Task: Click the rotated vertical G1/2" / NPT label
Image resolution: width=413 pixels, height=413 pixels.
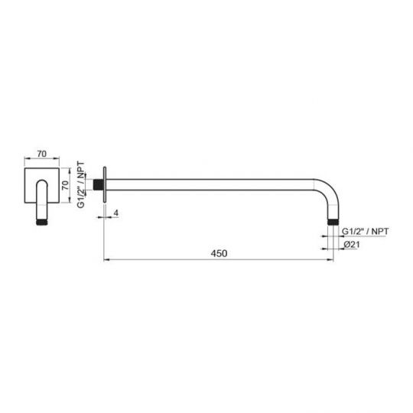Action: pyautogui.click(x=83, y=184)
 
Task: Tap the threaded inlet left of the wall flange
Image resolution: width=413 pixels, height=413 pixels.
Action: pyautogui.click(x=99, y=184)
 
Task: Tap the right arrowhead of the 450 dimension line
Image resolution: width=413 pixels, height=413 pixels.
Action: pyautogui.click(x=331, y=262)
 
